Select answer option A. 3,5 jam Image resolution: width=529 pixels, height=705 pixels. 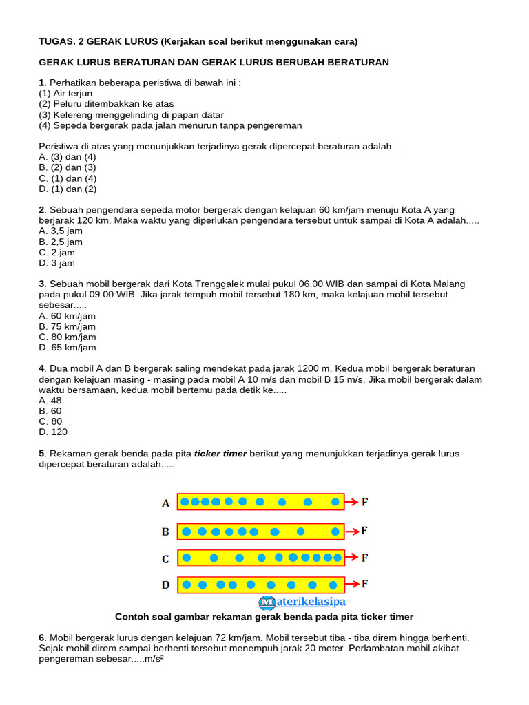pos(61,231)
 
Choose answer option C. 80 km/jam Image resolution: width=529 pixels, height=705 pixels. pos(68,337)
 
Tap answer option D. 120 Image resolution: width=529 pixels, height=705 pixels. pos(54,432)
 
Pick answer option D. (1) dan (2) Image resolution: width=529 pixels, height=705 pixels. pos(68,189)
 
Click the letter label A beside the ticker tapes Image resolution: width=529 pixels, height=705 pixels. pos(165,503)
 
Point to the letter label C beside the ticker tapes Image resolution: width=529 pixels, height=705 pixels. pos(165,559)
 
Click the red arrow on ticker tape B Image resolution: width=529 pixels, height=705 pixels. pos(351,531)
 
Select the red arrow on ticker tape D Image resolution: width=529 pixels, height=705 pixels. pos(351,585)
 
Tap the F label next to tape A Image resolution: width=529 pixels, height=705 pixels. pos(364,502)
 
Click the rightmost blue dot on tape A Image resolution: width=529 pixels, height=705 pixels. pos(335,502)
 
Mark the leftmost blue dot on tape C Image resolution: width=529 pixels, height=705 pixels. pos(186,557)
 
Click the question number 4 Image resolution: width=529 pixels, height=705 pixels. pos(41,369)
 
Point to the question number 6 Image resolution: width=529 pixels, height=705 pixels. pos(41,638)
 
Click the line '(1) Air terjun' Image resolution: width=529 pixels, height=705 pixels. pos(65,94)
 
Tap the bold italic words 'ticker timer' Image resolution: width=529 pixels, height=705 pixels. pos(220,454)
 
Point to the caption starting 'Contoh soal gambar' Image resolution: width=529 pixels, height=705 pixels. pos(264,617)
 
